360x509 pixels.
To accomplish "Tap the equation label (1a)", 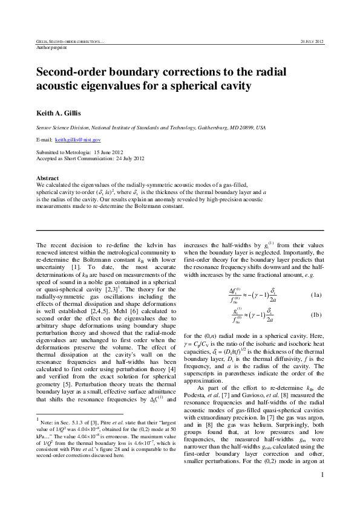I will point(316,295).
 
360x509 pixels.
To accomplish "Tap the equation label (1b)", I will point(316,315).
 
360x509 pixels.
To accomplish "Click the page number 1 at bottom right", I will point(322,491).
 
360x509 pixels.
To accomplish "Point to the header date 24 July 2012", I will point(312,41).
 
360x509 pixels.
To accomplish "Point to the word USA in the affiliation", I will point(260,128).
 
